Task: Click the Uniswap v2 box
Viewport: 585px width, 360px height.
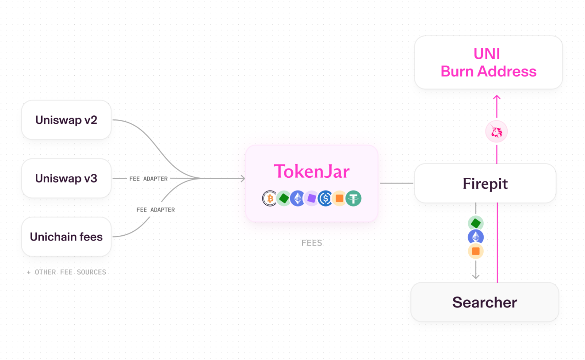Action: (x=66, y=120)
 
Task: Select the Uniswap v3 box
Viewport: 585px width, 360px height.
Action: (x=66, y=178)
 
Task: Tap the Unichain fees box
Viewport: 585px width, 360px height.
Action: (x=66, y=237)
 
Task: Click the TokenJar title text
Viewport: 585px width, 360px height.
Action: (x=312, y=172)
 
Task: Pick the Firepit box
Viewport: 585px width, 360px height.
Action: (x=485, y=183)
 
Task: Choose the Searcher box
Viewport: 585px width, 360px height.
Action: (x=485, y=302)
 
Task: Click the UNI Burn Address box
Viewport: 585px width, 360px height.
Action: (x=488, y=62)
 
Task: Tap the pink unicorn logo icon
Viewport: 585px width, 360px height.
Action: (x=497, y=131)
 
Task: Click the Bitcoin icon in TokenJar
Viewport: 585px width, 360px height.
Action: (x=270, y=199)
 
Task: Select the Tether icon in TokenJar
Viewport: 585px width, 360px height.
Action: (x=353, y=199)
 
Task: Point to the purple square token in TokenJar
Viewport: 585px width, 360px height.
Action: (x=312, y=199)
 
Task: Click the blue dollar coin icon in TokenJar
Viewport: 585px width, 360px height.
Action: (x=325, y=199)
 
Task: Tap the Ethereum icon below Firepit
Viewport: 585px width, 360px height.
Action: (x=476, y=237)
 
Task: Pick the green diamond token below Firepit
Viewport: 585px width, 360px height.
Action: (x=476, y=223)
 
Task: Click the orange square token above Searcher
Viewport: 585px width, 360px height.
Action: (x=476, y=251)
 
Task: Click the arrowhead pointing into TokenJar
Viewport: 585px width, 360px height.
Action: (x=243, y=178)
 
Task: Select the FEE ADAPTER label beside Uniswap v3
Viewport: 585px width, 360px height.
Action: (x=148, y=179)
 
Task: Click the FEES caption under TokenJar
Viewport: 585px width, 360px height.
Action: (x=312, y=243)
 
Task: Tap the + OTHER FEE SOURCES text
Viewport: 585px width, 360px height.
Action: (x=66, y=272)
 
